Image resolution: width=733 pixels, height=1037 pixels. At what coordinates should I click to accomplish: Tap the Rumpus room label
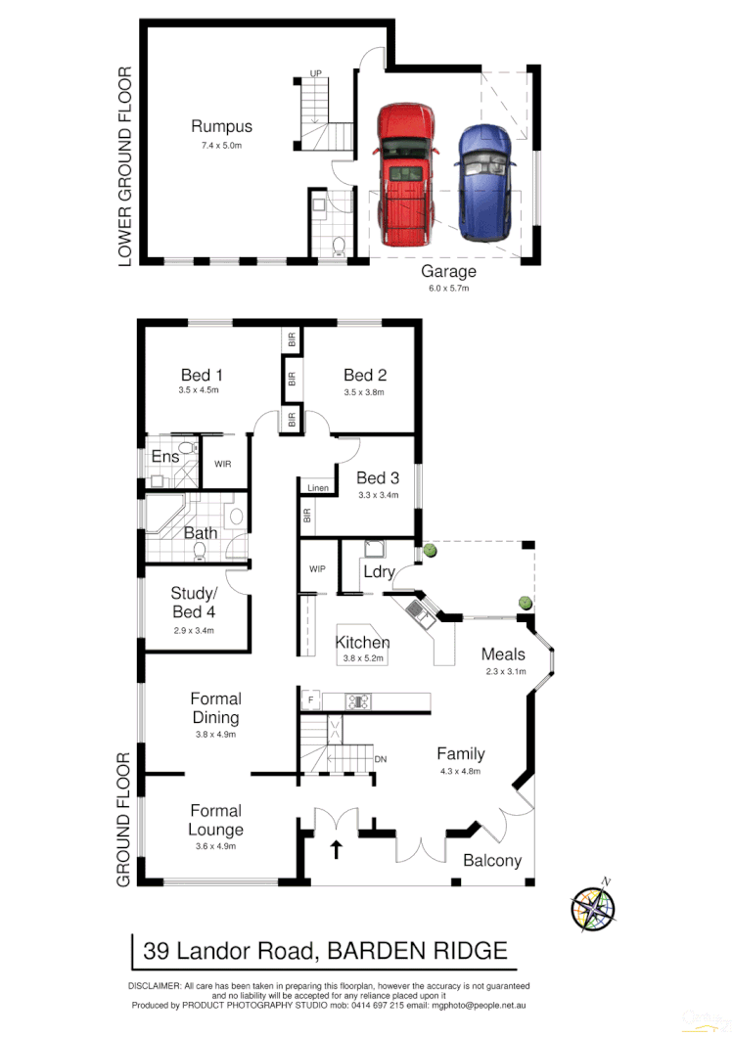(x=221, y=126)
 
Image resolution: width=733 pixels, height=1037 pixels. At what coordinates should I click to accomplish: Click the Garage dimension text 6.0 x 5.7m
(x=448, y=289)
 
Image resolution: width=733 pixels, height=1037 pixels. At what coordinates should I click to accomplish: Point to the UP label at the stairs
(x=315, y=74)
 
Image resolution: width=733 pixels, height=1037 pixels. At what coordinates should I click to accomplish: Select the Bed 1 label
(x=202, y=375)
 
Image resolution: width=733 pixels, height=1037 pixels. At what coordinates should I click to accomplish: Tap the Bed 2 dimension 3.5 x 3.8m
(x=365, y=391)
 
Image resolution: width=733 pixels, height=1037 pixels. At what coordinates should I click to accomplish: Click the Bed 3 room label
(x=378, y=477)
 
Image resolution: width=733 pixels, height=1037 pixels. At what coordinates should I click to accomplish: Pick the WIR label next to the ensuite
(x=222, y=465)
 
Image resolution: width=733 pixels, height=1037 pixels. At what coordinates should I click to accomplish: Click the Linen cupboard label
(x=317, y=487)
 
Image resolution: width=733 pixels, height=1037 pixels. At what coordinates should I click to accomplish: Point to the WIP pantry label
(x=317, y=567)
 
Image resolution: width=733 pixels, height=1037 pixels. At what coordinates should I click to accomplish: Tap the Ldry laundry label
(x=378, y=571)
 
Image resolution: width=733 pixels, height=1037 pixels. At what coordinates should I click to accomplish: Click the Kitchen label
(x=362, y=643)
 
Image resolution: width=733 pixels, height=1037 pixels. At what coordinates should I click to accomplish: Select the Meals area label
(x=503, y=654)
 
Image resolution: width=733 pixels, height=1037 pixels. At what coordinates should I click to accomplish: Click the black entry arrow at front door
(x=337, y=848)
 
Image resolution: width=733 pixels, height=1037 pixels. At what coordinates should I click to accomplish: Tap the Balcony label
(x=492, y=861)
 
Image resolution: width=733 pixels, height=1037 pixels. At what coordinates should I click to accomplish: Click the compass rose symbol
(x=594, y=905)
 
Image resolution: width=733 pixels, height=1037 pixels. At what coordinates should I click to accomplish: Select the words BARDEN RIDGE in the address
(x=417, y=950)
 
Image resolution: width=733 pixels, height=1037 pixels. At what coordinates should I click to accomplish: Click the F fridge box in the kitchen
(x=310, y=700)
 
